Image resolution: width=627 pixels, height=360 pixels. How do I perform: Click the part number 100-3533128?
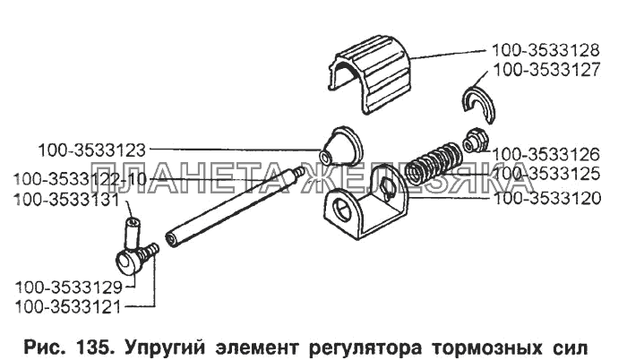[545, 51]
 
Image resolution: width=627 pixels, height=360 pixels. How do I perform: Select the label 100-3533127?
[547, 70]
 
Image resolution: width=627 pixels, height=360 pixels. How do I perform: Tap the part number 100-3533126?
[546, 155]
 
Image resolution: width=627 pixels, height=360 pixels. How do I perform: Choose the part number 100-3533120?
[548, 199]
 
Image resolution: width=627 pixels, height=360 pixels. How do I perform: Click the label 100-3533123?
[91, 151]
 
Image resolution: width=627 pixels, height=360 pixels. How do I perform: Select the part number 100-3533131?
[67, 200]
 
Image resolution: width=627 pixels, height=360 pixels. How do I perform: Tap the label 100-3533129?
[69, 287]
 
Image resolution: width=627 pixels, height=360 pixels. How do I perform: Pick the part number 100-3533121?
[67, 307]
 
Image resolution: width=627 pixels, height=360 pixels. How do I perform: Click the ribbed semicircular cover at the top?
[370, 74]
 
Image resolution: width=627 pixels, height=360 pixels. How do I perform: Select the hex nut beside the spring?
[474, 141]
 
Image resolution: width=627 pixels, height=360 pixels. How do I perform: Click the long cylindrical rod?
[236, 207]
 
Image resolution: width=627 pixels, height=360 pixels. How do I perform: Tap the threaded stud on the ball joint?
[150, 252]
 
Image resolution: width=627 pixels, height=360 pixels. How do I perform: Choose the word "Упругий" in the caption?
[166, 348]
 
